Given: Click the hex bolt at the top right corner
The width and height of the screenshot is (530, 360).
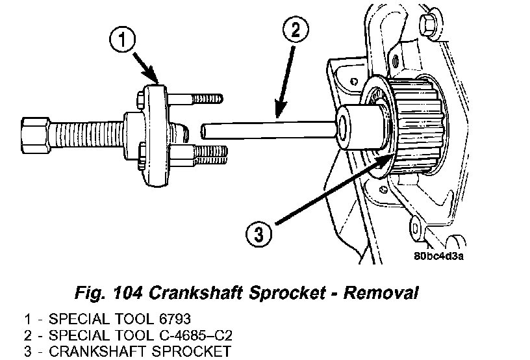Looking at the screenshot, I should tap(429, 25).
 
